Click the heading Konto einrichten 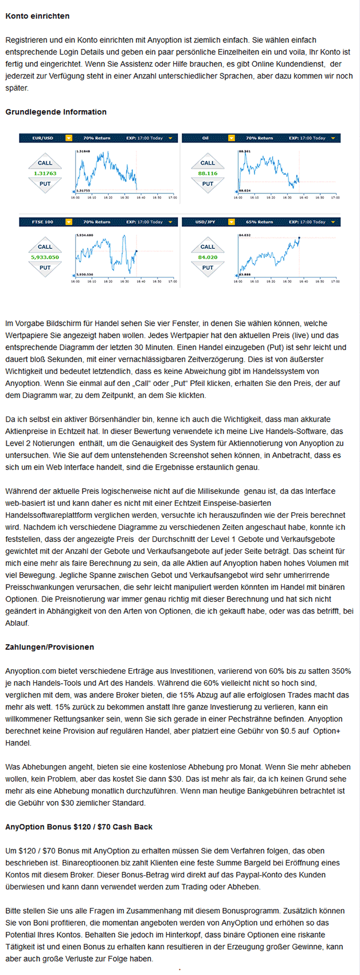click(37, 16)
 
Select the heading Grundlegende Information click(56, 112)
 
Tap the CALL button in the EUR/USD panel click(45, 163)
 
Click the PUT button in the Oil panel click(208, 184)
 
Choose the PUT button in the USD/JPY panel click(208, 267)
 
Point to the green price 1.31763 click(45, 173)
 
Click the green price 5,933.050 click(45, 257)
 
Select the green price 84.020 click(208, 257)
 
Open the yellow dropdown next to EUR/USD click(69, 138)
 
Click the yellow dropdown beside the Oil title click(232, 138)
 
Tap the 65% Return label click(259, 222)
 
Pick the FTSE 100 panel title click(42, 222)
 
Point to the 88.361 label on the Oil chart click(244, 151)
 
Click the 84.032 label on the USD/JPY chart click(245, 235)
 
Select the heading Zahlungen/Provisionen click(49, 647)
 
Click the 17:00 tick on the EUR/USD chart click(173, 197)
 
